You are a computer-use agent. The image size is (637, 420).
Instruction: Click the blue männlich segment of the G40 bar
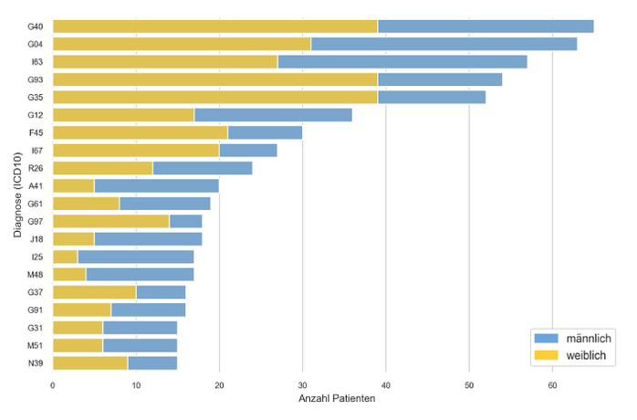tap(486, 26)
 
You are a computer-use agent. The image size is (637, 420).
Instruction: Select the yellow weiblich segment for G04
tap(182, 44)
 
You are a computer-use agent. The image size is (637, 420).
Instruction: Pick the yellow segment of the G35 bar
tap(215, 97)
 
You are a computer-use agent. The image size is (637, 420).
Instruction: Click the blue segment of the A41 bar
tap(156, 185)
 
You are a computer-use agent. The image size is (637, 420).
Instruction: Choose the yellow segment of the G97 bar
tap(111, 221)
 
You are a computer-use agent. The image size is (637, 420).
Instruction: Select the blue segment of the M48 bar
tap(140, 274)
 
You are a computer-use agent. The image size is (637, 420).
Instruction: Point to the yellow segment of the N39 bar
tap(90, 362)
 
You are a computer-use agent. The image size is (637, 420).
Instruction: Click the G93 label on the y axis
tap(36, 79)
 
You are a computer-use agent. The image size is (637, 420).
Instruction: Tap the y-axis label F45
tap(36, 132)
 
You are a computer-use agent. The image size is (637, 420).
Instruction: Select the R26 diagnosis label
tap(36, 168)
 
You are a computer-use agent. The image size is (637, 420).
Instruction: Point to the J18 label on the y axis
tap(36, 238)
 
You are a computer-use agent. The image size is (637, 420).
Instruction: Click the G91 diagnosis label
tap(36, 310)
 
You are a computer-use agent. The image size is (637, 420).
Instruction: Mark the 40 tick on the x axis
tap(386, 386)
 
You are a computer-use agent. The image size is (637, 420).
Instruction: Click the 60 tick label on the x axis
tap(552, 386)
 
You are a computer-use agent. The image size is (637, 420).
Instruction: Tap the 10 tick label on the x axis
tap(136, 386)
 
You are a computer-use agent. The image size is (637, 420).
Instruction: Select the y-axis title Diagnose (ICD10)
tap(17, 194)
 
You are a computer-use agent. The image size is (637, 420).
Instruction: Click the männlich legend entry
tap(580, 339)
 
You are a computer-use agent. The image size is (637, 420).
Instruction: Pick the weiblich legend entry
tap(580, 354)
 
